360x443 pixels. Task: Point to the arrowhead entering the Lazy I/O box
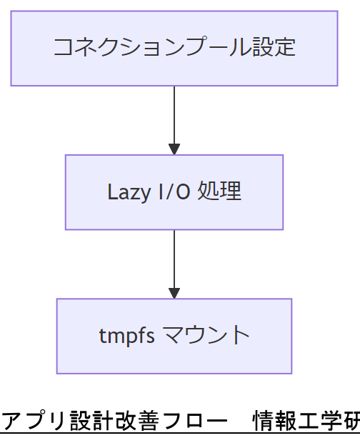[x=174, y=149]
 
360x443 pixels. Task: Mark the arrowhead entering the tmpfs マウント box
[x=174, y=293]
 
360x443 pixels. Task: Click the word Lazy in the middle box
[x=124, y=192]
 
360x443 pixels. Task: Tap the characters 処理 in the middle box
[x=219, y=191]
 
